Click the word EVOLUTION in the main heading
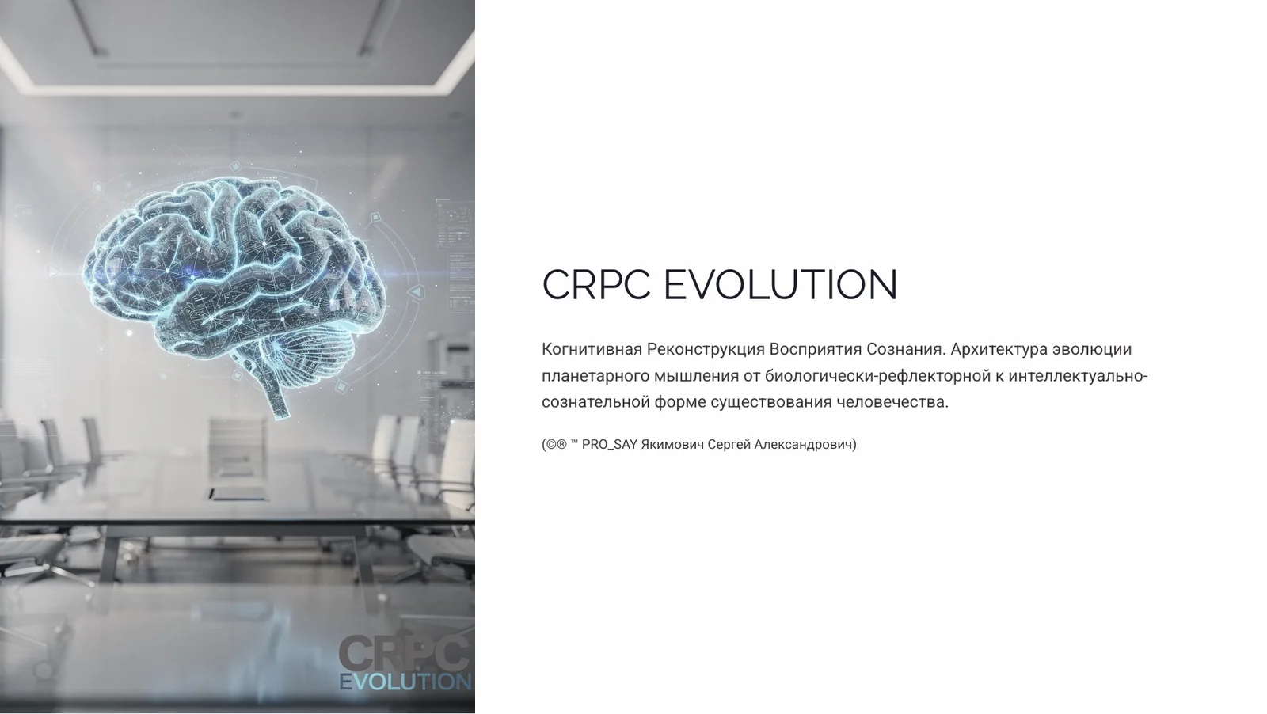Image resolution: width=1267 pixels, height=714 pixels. point(780,285)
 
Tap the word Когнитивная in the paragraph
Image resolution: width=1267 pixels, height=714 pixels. point(592,349)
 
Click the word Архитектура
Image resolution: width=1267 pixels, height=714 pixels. point(999,349)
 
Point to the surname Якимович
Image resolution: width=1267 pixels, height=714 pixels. point(672,445)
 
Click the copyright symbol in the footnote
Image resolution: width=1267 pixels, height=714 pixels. point(550,445)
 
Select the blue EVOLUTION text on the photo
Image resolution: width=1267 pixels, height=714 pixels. point(405,682)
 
